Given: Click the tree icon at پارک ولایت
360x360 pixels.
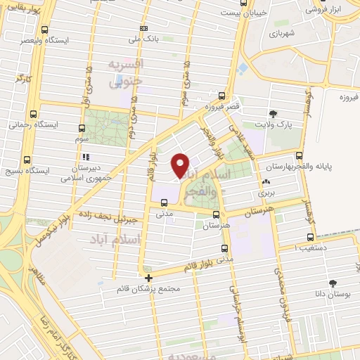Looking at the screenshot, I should [273, 113].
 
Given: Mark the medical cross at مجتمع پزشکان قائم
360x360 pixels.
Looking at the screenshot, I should [148, 278].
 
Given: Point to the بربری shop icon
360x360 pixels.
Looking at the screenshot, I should [266, 181].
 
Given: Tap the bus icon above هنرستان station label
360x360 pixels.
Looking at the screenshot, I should [216, 215].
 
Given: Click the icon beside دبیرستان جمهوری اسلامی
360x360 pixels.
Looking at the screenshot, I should [86, 157].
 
